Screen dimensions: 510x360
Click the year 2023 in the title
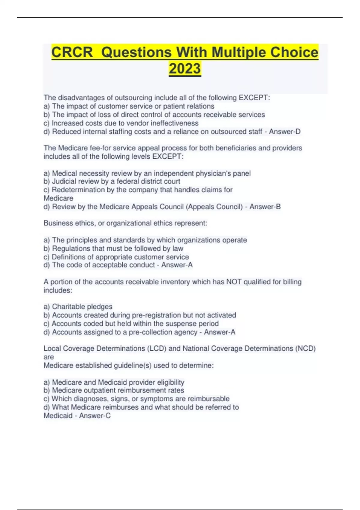pos(185,68)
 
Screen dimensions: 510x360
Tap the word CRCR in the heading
pos(72,52)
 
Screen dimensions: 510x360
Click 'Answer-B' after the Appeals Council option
pos(265,207)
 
